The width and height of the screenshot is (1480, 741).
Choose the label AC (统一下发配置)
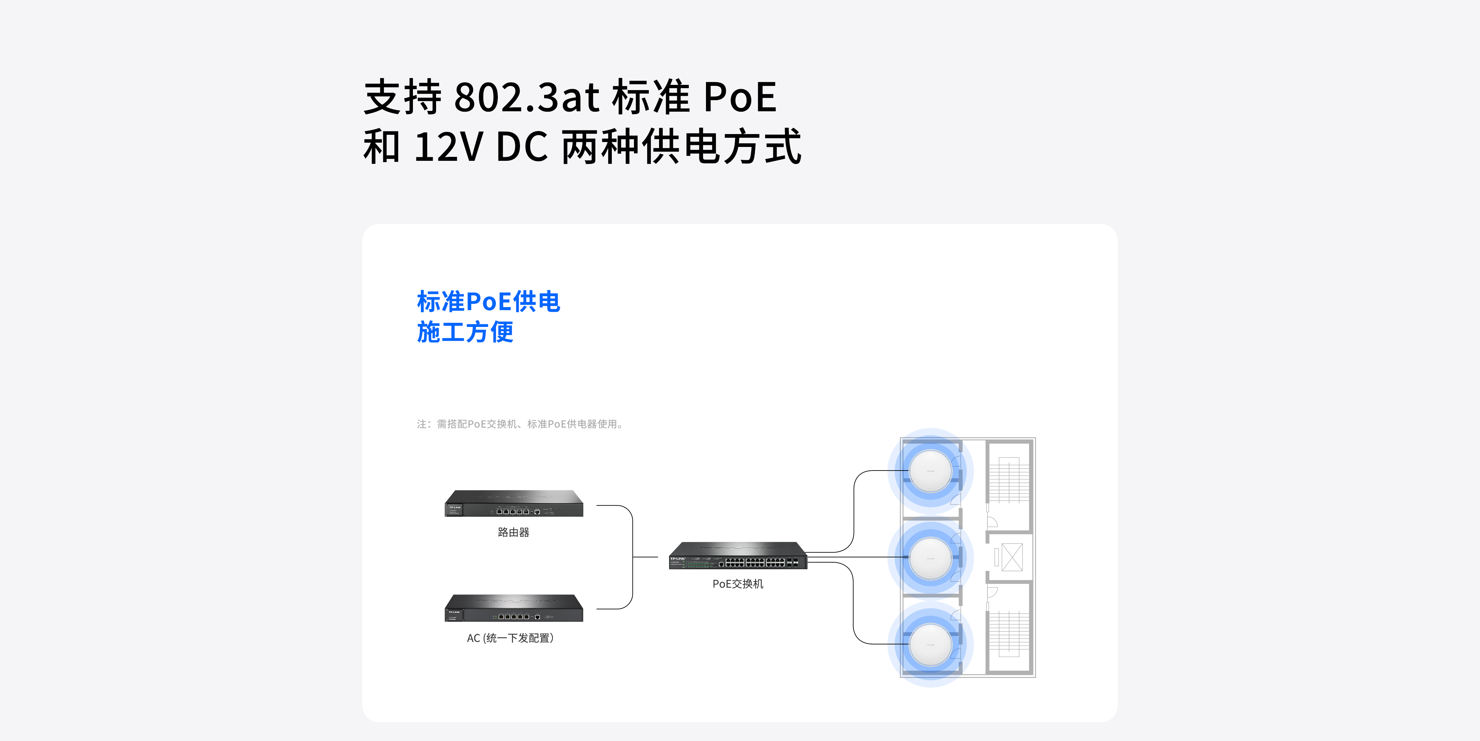pos(510,638)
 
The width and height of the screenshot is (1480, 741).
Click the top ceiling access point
pos(930,471)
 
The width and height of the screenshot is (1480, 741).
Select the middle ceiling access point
pos(930,558)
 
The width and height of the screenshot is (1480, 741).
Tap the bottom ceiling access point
pos(930,645)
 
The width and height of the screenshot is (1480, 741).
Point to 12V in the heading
pos(448,147)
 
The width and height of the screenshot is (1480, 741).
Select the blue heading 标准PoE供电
pos(488,301)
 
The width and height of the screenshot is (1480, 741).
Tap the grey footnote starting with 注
pos(520,424)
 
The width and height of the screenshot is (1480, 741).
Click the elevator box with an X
pos(1012,557)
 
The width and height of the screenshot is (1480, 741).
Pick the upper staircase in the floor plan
pos(1009,480)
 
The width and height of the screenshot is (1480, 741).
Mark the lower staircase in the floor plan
pos(1009,634)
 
